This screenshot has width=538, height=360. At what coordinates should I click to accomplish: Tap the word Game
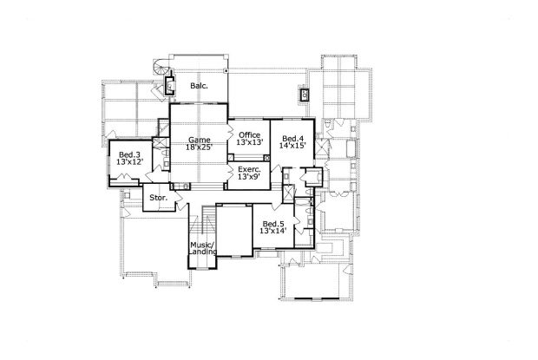pyautogui.click(x=200, y=140)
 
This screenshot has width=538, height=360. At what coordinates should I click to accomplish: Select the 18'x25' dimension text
pyautogui.click(x=200, y=148)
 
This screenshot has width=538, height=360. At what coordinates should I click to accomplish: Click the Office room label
pyautogui.click(x=250, y=134)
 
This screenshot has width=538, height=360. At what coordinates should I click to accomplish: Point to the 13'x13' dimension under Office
pyautogui.click(x=250, y=143)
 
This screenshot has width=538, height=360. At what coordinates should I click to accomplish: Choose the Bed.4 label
pyautogui.click(x=292, y=139)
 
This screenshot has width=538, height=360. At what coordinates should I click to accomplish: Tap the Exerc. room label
pyautogui.click(x=250, y=168)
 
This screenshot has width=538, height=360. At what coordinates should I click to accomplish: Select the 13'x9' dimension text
pyautogui.click(x=250, y=177)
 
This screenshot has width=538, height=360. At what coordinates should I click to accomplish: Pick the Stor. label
pyautogui.click(x=158, y=198)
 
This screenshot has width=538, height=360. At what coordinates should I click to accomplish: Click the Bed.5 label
pyautogui.click(x=273, y=224)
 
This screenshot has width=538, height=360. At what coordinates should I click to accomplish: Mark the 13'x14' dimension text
pyautogui.click(x=273, y=232)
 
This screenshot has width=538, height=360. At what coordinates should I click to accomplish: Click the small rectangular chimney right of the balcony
pyautogui.click(x=304, y=91)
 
